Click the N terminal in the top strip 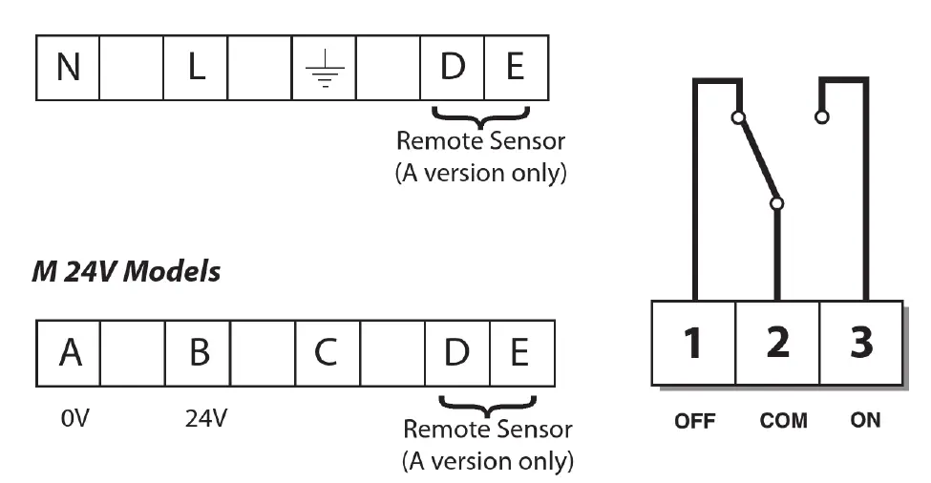pos(68,69)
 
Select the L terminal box pos(197,69)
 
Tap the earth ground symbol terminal pos(326,69)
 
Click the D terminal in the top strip pos(452,69)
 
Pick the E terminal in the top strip pos(516,69)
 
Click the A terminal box pos(69,352)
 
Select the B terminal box pos(198,352)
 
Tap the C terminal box pos(327,352)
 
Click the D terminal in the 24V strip pos(457,352)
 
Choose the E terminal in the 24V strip pos(520,352)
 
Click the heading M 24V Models pos(126,272)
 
